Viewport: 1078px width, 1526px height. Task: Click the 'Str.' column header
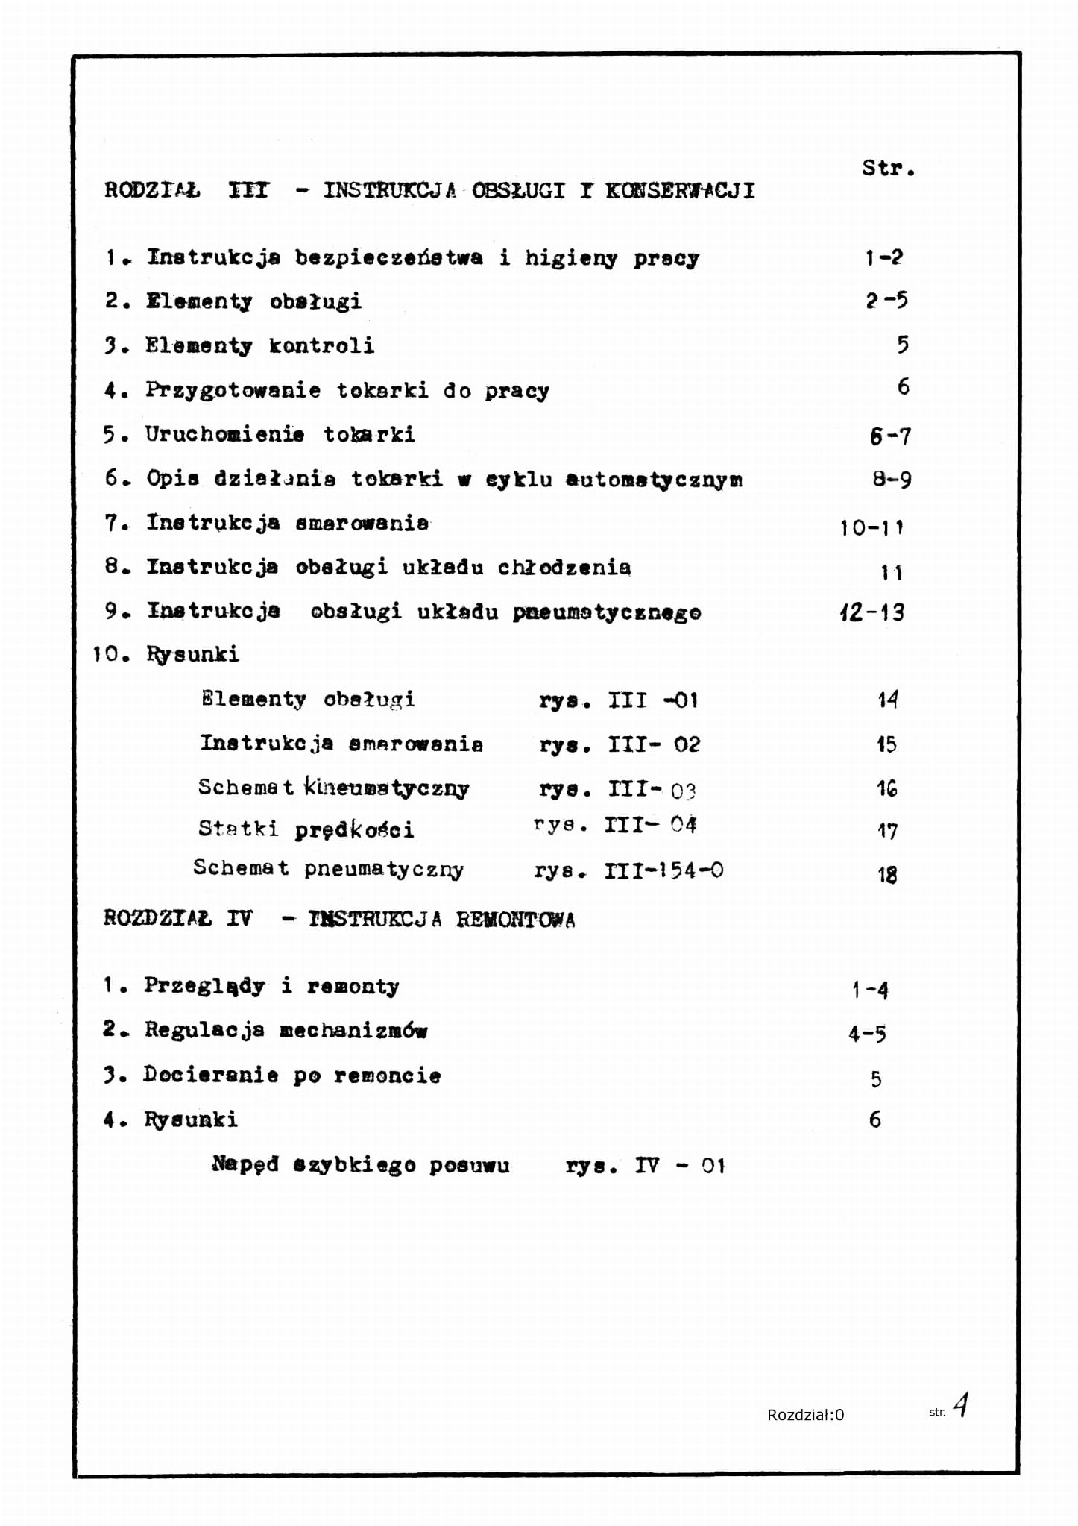coord(888,168)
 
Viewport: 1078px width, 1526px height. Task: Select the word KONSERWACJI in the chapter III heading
coord(680,191)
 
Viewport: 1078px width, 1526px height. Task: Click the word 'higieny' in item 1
coord(571,258)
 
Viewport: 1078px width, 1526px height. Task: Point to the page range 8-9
coord(892,479)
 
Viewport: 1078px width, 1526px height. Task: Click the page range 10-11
coord(871,527)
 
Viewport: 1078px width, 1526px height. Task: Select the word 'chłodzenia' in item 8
coord(564,568)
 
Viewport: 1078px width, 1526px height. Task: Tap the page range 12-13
coord(871,612)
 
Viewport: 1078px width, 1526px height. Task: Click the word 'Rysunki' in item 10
coord(192,655)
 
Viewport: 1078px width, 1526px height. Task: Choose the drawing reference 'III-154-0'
coord(663,870)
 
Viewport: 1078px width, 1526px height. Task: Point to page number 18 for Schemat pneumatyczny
coord(886,874)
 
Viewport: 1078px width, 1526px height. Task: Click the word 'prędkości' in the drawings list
coord(354,830)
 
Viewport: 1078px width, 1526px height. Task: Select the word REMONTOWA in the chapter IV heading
coord(516,920)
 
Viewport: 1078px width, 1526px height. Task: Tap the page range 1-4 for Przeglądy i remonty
coord(870,990)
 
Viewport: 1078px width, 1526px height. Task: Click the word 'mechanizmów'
coord(353,1031)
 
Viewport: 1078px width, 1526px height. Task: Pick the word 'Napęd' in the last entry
coord(245,1164)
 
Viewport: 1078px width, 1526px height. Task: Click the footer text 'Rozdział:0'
coord(805,1415)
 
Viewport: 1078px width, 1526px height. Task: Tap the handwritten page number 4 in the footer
coord(961,1405)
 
